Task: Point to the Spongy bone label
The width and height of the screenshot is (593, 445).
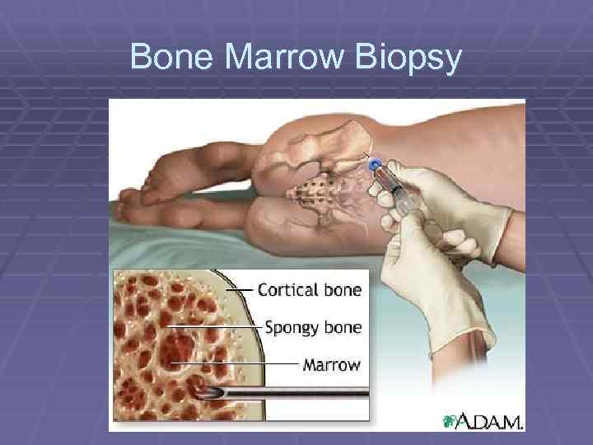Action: pos(312,327)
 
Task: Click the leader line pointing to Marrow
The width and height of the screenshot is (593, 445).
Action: pos(235,363)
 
